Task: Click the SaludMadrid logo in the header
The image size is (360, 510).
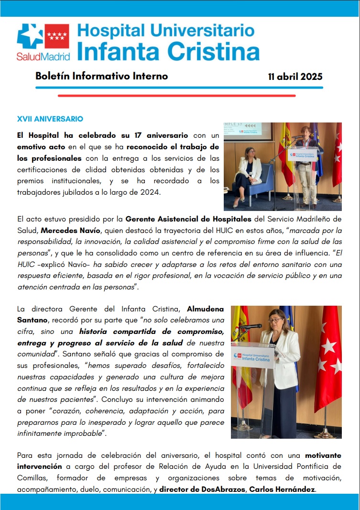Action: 43,43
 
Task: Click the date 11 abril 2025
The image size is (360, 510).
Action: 295,77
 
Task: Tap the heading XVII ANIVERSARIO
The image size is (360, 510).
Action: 50,119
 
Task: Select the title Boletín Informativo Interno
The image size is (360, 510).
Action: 101,76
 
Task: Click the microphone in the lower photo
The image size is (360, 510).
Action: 251,326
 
